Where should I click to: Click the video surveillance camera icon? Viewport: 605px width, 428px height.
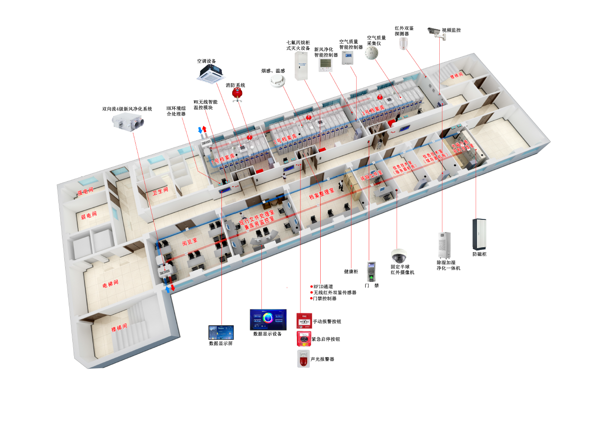[435, 32]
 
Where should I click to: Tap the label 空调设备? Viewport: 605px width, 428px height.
[206, 61]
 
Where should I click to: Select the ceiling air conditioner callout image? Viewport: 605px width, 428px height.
[210, 73]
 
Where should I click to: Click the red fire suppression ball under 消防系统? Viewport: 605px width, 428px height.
[237, 93]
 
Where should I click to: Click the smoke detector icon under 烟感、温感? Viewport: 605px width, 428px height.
[278, 81]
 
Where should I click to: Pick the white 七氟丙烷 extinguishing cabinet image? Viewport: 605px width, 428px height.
[301, 66]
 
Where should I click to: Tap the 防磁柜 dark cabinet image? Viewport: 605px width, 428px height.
[479, 234]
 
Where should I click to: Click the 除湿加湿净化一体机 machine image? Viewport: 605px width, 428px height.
[444, 245]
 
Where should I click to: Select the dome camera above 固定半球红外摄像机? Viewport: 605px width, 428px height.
[398, 255]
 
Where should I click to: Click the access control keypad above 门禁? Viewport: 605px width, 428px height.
[371, 271]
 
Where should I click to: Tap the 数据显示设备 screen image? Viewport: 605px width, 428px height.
[268, 319]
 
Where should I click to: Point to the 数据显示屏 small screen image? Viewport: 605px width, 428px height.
[221, 333]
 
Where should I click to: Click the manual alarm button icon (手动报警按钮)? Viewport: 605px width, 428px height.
[304, 321]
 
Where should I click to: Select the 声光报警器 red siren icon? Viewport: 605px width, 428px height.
[304, 359]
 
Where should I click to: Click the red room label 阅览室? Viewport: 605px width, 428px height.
[190, 242]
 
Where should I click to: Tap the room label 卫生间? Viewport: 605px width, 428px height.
[160, 192]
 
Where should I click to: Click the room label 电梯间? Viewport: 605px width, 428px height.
[110, 284]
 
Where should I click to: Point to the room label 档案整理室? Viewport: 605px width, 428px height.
[322, 194]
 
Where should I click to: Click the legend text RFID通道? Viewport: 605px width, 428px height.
[323, 286]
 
